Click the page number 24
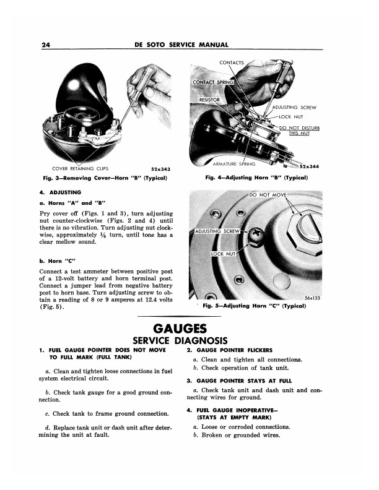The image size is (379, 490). point(46,45)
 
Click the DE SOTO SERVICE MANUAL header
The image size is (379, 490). point(181,45)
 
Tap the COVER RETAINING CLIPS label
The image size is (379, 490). point(81,168)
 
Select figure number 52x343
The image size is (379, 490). point(161,169)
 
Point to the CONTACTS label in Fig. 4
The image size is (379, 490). point(232,62)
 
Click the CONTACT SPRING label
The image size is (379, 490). point(213,82)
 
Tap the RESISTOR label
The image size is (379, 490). point(209,100)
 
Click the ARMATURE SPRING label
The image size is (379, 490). point(234,164)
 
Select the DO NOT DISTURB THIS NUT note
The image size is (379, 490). point(299,131)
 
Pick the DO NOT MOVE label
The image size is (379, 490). point(268,195)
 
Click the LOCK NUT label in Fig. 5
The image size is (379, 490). point(223,254)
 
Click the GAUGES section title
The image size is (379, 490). point(180,329)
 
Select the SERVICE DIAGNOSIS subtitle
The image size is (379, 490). point(180,340)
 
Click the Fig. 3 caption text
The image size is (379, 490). point(105,178)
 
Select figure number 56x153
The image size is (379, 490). point(312,298)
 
